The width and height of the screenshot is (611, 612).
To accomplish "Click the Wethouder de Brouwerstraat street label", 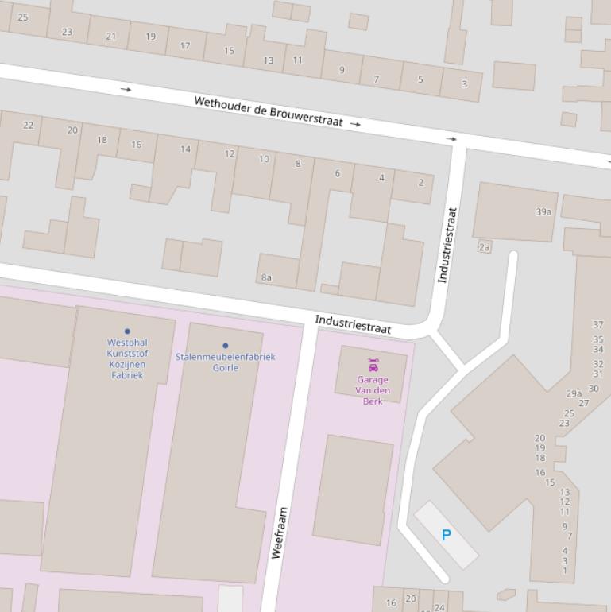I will (268, 111).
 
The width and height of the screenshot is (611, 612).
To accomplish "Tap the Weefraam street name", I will (279, 533).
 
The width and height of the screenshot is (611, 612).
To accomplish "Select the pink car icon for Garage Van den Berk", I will (373, 365).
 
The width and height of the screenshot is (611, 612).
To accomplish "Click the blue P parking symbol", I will (446, 536).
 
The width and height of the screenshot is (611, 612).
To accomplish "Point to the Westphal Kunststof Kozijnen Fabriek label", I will (127, 358).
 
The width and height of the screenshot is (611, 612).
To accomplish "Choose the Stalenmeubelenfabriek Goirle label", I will (225, 362).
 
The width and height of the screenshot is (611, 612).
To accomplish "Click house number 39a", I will (543, 212).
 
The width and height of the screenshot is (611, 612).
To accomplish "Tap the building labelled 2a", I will (485, 247).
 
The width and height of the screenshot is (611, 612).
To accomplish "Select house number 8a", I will (266, 277).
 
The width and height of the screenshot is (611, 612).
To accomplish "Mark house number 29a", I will (574, 393).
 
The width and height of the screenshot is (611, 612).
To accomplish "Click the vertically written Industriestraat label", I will (447, 245).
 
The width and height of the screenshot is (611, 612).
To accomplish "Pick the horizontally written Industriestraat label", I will (353, 324).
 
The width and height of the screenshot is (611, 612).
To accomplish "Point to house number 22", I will (29, 126).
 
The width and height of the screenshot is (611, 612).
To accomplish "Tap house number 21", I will (111, 37).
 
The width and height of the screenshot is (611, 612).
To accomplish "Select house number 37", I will (597, 325).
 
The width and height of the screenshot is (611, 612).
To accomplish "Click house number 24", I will (439, 607).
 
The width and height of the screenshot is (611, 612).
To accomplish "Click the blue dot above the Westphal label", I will (127, 331).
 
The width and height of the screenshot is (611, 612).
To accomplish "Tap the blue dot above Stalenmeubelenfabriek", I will (225, 346).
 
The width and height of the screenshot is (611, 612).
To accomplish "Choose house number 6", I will (338, 173).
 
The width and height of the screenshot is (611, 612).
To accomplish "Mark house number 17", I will (185, 46).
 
